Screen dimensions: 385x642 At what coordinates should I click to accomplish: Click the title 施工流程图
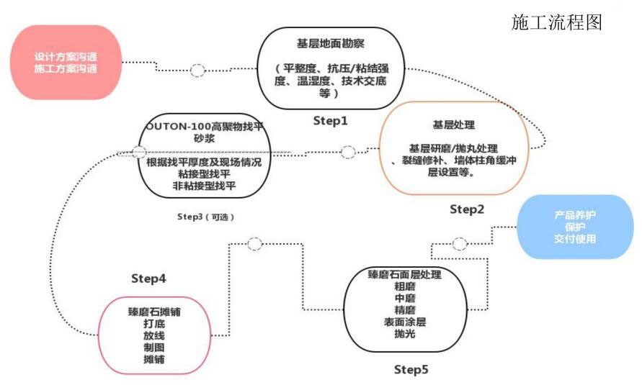tap(556, 22)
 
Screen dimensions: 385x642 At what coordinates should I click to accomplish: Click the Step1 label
tap(330, 121)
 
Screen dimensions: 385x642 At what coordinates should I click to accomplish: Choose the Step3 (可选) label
tap(205, 217)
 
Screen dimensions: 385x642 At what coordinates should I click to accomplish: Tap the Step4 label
tap(148, 278)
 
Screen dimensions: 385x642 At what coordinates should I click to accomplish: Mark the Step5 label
tap(411, 370)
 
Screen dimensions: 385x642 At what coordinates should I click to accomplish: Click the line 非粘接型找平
tap(205, 186)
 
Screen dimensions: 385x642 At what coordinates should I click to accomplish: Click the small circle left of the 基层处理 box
tap(348, 152)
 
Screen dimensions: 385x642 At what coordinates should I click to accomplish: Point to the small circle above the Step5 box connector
tap(254, 244)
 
